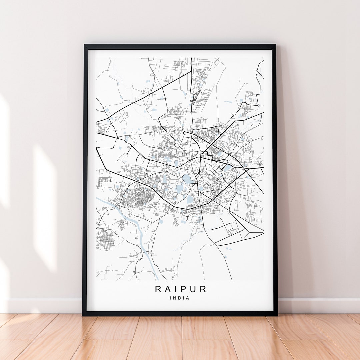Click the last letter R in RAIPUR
203,289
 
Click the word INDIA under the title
180,298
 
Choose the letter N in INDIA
175,298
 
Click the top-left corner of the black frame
84,45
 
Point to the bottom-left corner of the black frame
83,315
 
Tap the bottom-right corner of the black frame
277,315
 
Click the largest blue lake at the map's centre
187,179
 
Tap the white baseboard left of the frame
43,305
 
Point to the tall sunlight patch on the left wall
45,207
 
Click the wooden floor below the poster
180,337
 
